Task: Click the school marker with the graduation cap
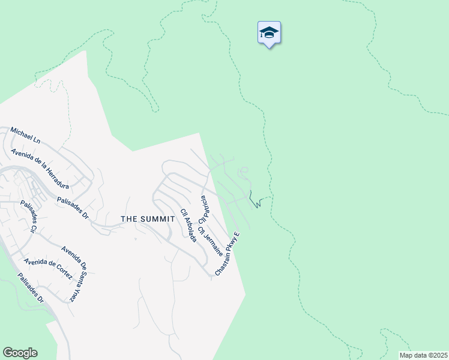pyautogui.click(x=269, y=34)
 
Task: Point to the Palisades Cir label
pyautogui.click(x=29, y=217)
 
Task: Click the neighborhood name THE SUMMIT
pyautogui.click(x=148, y=219)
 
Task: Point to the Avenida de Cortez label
pyautogui.click(x=48, y=270)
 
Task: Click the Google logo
pyautogui.click(x=20, y=353)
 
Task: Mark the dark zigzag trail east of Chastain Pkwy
pyautogui.click(x=256, y=202)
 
